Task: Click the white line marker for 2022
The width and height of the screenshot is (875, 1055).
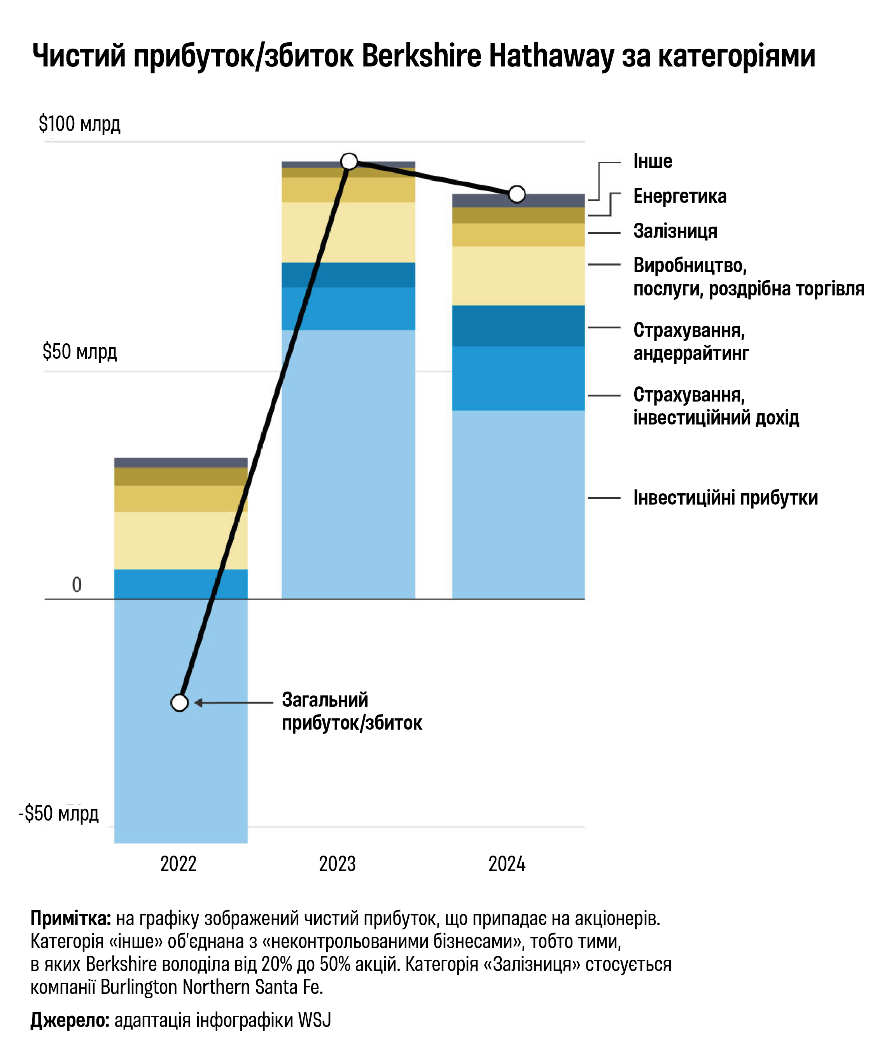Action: (x=179, y=702)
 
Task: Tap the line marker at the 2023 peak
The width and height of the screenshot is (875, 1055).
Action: (x=349, y=161)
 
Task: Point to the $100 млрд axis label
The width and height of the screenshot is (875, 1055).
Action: (x=79, y=124)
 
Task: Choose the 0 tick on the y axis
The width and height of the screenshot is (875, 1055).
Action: (x=77, y=584)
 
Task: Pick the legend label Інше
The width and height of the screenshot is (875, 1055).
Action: (x=652, y=161)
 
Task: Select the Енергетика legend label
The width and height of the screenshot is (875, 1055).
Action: (x=679, y=196)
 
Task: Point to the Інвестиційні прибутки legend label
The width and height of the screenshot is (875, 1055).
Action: (x=725, y=498)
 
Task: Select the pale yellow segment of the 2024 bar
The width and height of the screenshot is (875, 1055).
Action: (x=518, y=276)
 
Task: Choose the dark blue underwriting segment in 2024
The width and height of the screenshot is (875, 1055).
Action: (x=518, y=326)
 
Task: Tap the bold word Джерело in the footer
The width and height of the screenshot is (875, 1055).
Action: (x=69, y=1020)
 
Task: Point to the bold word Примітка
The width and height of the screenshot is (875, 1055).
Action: (x=70, y=918)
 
